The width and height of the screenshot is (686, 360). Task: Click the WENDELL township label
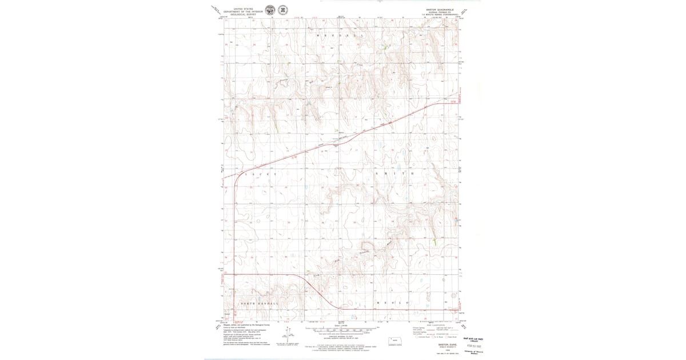click(x=340, y=35)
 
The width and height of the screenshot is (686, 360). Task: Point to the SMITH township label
click(x=394, y=173)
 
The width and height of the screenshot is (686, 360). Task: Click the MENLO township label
click(x=392, y=302)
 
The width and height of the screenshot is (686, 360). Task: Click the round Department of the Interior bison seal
click(x=270, y=10)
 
